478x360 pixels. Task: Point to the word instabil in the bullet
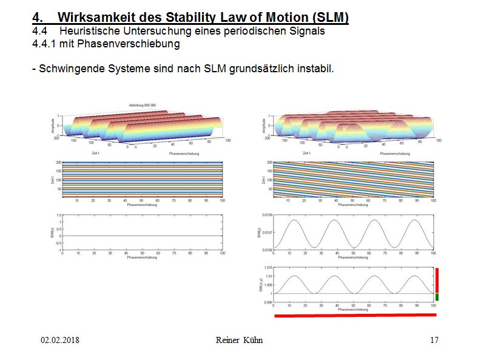pyautogui.click(x=315, y=68)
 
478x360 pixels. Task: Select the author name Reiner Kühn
pyautogui.click(x=239, y=340)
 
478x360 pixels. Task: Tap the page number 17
pyautogui.click(x=434, y=340)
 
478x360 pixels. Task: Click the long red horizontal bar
pyautogui.click(x=355, y=316)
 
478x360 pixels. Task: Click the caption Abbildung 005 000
pyautogui.click(x=143, y=105)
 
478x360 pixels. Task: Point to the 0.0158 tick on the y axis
pyautogui.click(x=267, y=215)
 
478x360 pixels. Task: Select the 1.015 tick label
pyautogui.click(x=268, y=268)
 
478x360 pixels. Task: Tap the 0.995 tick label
pyautogui.click(x=268, y=302)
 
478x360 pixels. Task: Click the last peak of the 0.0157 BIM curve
pyautogui.click(x=413, y=220)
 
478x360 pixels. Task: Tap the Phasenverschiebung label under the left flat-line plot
pyautogui.click(x=142, y=257)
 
